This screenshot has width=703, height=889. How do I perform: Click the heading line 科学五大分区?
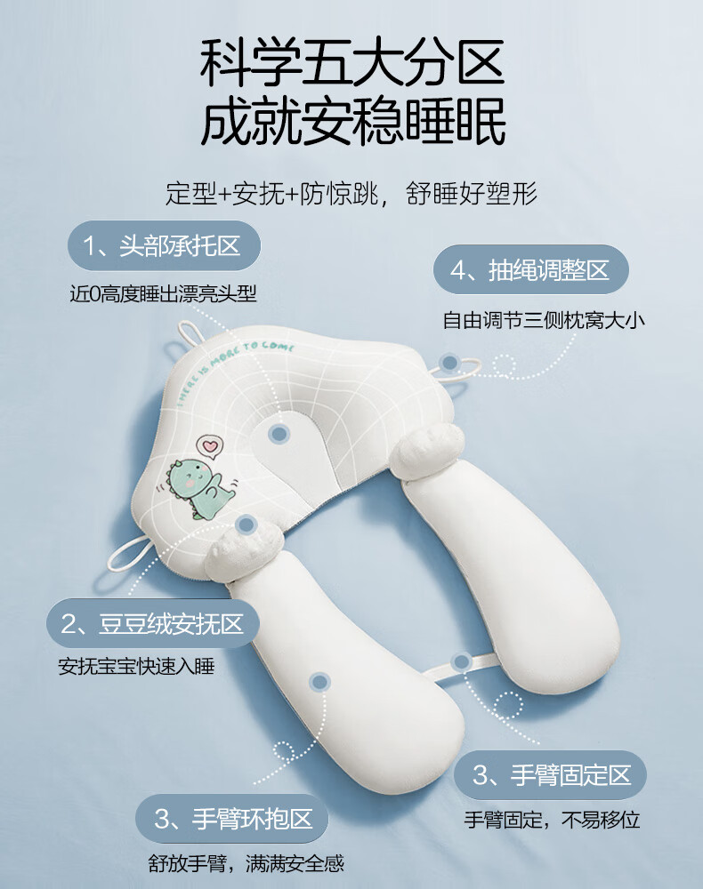[351, 62]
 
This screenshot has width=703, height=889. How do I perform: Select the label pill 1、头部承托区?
[164, 245]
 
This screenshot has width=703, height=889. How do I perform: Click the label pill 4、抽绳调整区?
[531, 269]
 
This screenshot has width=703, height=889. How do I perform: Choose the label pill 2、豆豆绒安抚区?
[153, 624]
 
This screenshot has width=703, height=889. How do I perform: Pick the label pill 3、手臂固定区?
[550, 775]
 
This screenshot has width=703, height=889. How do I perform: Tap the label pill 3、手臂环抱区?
[232, 819]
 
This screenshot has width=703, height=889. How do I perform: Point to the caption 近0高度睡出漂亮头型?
[164, 293]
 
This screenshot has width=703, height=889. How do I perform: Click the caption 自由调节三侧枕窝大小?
[544, 320]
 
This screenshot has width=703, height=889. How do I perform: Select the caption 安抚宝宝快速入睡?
[136, 666]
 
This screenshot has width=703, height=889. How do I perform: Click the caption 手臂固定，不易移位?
[552, 820]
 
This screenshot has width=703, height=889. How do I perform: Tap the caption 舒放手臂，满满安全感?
[246, 863]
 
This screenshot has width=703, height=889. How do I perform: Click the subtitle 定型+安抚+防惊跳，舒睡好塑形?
[351, 193]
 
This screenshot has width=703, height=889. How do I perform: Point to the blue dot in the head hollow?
[279, 434]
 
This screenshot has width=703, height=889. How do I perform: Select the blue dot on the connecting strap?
[461, 661]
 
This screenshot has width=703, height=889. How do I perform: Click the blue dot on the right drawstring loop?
[450, 363]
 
